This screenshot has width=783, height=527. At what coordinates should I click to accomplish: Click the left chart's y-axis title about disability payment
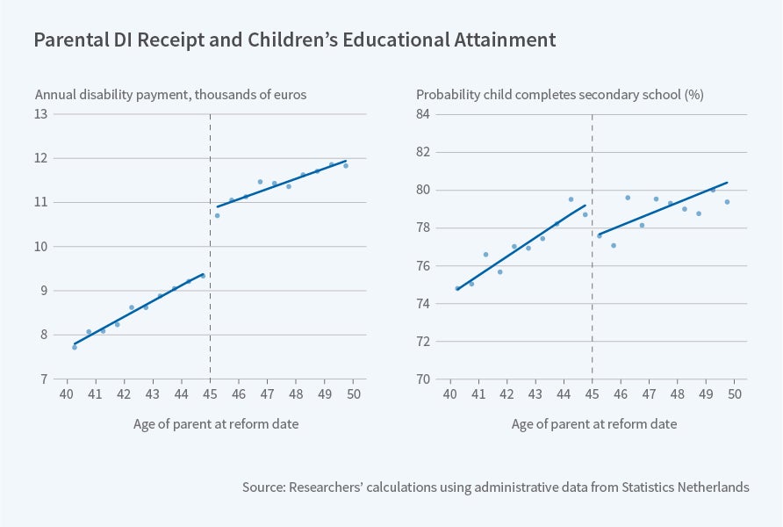(x=170, y=95)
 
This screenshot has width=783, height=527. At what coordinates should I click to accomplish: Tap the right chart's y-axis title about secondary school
(x=560, y=95)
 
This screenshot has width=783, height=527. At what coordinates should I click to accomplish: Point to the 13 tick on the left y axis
(x=41, y=114)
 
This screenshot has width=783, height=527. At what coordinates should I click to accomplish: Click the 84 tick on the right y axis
(x=423, y=114)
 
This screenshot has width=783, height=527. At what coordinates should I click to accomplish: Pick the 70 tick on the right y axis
(x=423, y=379)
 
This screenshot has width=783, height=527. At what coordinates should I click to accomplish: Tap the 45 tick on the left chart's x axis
(x=210, y=394)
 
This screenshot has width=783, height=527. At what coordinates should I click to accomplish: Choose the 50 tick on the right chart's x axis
(x=736, y=394)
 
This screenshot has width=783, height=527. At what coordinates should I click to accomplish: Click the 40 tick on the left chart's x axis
(x=67, y=394)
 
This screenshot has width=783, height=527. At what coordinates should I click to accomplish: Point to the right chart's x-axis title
(x=594, y=424)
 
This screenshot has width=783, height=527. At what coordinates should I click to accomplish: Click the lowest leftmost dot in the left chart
(x=75, y=347)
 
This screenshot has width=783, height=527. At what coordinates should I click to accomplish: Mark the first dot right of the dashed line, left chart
(x=217, y=215)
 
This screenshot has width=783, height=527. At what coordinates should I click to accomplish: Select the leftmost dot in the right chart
(x=457, y=288)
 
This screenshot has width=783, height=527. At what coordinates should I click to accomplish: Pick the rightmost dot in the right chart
(x=727, y=202)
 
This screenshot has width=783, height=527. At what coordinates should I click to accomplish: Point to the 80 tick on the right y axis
(x=423, y=190)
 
